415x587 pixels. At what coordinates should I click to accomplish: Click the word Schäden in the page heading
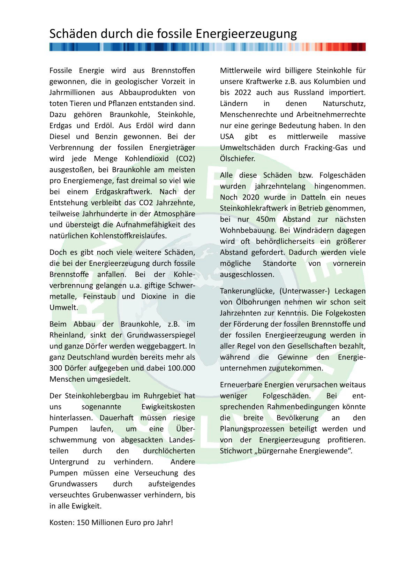pyautogui.click(x=74, y=34)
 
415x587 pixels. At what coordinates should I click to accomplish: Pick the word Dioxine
pyautogui.click(x=154, y=296)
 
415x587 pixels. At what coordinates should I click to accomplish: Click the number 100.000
pyautogui.click(x=181, y=368)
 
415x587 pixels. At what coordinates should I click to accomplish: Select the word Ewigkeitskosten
pyautogui.click(x=168, y=407)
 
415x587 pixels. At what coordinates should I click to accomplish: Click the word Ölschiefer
pyautogui.click(x=237, y=159)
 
